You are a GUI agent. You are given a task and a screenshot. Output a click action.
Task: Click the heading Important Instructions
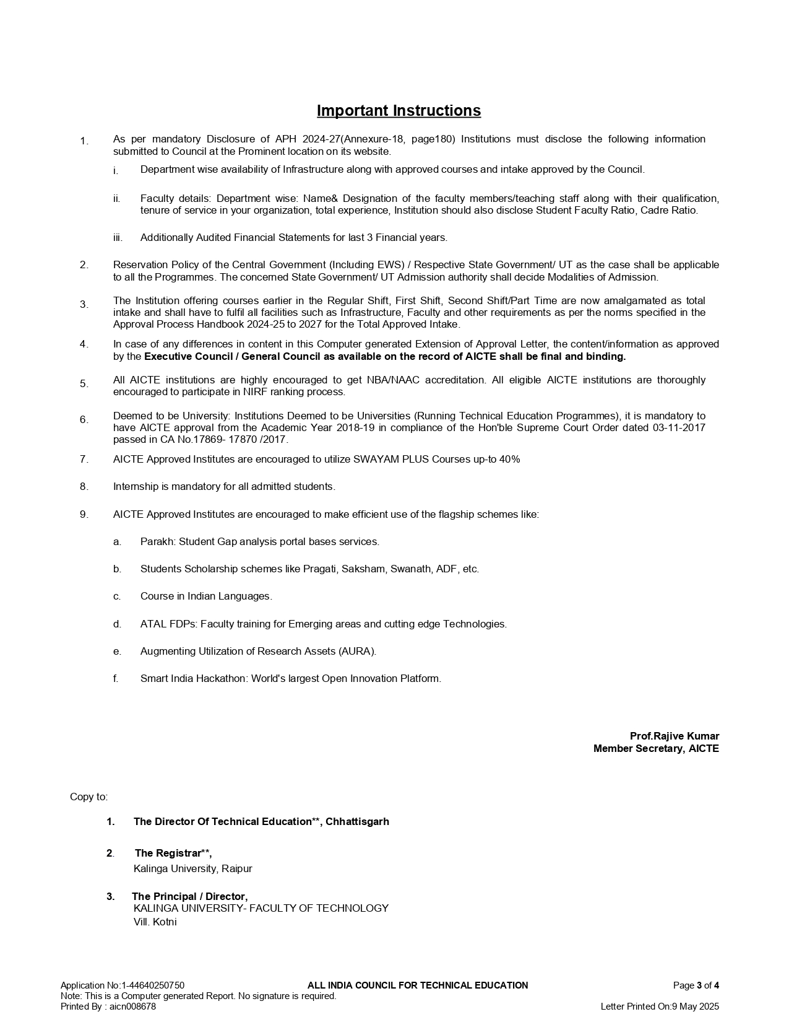pos(399,111)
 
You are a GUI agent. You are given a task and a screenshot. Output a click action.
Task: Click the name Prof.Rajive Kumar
pos(674,736)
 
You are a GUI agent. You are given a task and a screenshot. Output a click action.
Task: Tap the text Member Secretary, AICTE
pos(656,749)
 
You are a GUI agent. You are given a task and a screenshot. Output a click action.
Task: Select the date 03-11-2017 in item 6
pos(679,428)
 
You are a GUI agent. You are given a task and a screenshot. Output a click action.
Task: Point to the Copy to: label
pos(88,797)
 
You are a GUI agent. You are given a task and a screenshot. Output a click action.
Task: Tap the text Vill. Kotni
pos(155,922)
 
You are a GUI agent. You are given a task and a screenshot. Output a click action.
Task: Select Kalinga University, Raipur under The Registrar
pos(192,869)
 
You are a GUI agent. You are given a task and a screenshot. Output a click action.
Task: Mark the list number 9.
pos(84,515)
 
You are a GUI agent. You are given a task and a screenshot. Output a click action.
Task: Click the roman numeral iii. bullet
pos(118,238)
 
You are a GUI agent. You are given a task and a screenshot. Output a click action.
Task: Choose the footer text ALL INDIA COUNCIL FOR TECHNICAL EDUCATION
pos(418,985)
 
